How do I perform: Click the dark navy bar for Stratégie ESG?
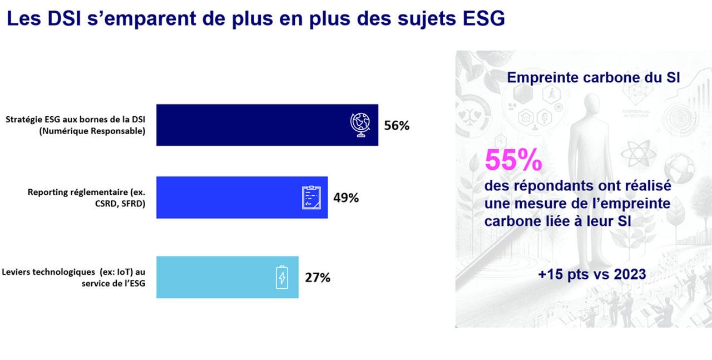coord(250,125)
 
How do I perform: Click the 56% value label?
coord(397,125)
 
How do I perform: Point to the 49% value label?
coord(346,198)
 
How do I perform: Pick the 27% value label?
coord(317,277)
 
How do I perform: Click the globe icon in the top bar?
coord(360,125)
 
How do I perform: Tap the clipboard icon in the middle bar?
coord(311,198)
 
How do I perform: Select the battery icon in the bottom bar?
coord(282,277)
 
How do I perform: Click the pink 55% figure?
coord(513,161)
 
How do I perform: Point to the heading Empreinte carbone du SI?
coord(593,78)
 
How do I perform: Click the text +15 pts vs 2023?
coord(592,274)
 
